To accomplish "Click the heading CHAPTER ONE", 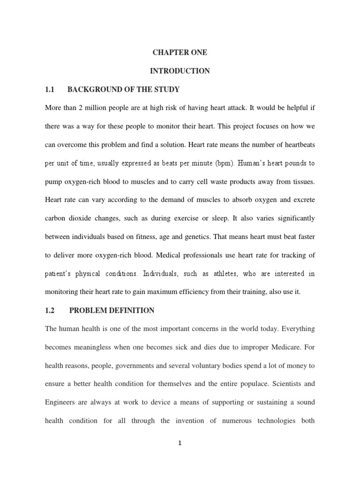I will (x=180, y=53).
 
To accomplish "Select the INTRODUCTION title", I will (x=180, y=71).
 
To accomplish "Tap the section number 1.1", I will (x=50, y=90).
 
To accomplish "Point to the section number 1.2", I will (x=50, y=310).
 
